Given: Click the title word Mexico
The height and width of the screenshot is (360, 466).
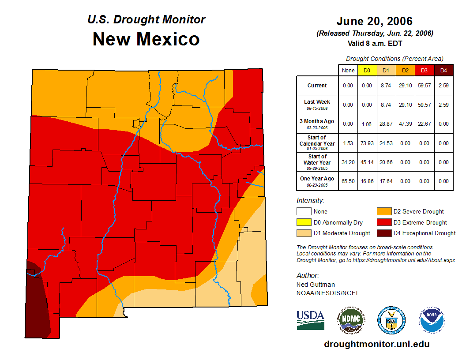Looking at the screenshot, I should point(168,39).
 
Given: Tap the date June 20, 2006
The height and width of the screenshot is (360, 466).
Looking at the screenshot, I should point(374,21).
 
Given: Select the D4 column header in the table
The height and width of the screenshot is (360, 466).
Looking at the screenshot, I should point(443,71).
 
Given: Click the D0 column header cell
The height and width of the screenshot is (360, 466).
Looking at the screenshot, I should point(367,71).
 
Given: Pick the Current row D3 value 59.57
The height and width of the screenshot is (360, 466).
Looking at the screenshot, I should point(425,86).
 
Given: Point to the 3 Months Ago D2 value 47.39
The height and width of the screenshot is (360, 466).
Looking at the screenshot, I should point(406,124).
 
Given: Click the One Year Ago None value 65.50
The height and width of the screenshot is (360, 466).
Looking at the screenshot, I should point(348,181).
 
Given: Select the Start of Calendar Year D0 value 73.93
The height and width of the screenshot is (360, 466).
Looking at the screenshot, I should point(367,143).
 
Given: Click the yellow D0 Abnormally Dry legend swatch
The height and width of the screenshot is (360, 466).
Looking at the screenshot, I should point(304,223).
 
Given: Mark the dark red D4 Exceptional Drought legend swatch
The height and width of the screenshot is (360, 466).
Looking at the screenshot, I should point(383,233).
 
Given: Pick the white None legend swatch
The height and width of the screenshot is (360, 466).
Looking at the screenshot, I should point(304,212).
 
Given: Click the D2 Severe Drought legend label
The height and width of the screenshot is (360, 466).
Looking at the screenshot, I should point(418,212).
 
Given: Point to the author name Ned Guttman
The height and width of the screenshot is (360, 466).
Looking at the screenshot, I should point(316,285).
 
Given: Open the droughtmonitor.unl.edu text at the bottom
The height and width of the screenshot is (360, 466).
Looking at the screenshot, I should point(376,344).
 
